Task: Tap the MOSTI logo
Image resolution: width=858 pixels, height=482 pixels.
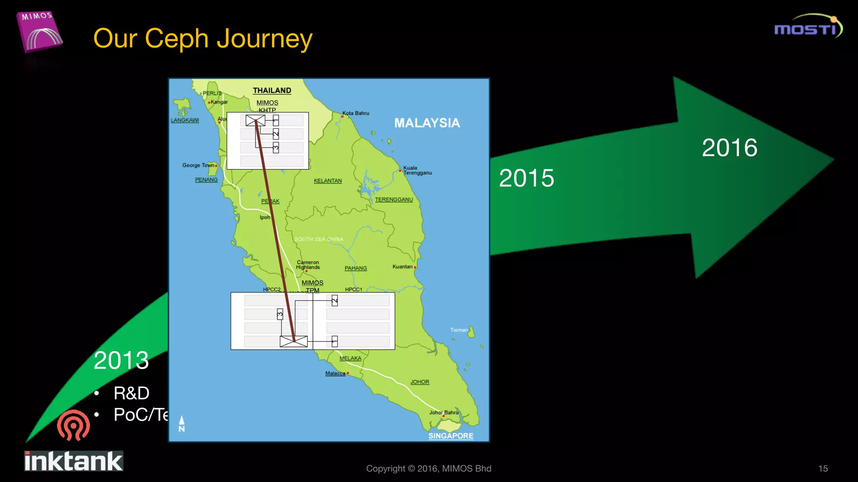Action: tap(808, 27)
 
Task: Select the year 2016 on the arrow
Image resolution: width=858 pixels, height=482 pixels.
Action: tap(729, 148)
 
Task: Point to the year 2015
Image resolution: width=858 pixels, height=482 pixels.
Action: tap(527, 178)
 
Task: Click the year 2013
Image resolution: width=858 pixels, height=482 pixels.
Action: tap(121, 360)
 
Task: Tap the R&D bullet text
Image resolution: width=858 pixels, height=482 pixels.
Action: tap(131, 393)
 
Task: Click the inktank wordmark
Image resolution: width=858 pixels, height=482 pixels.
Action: tap(74, 461)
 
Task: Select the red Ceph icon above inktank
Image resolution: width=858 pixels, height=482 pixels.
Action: tap(73, 425)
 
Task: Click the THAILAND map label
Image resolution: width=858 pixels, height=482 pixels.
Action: tap(272, 90)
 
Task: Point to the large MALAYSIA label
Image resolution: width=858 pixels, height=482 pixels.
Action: tap(427, 123)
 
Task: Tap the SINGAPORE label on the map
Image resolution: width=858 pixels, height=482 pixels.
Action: tap(451, 436)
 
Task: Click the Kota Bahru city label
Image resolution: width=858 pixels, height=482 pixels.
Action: tap(356, 113)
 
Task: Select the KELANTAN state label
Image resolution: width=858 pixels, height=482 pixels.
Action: tap(328, 181)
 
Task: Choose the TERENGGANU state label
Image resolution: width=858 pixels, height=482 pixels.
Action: tap(394, 200)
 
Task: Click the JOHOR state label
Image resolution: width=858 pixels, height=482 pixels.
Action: tap(420, 382)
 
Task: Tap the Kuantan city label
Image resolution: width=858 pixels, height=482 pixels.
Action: tap(403, 267)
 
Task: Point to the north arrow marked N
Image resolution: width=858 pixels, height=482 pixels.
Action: tap(182, 423)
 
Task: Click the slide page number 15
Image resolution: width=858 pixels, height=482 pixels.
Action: tap(823, 469)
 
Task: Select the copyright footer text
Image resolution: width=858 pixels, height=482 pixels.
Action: tap(429, 469)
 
